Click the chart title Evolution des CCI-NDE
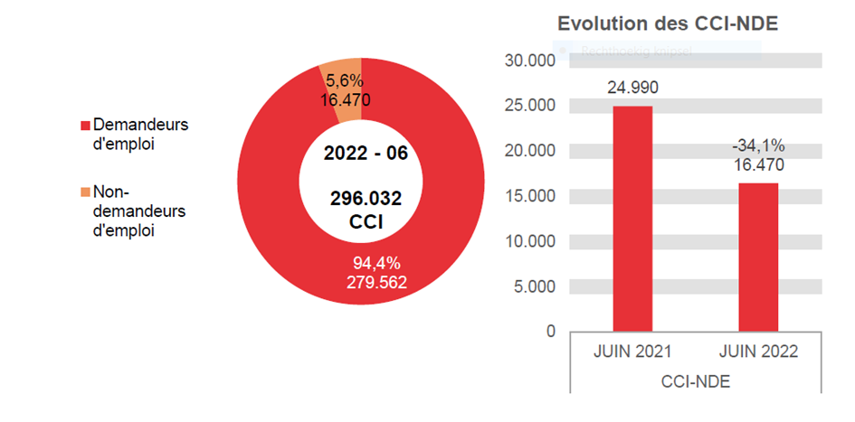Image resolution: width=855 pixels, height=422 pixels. coord(668,23)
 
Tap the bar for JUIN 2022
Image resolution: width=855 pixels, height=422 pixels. coord(758,258)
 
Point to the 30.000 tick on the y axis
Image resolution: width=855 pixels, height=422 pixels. coord(530,61)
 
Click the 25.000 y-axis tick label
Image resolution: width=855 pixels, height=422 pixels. coord(530,106)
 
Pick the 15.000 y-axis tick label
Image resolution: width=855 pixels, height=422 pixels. coord(530,196)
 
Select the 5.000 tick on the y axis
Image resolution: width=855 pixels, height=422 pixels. coord(534,286)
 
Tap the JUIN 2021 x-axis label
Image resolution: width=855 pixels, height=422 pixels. coord(632,352)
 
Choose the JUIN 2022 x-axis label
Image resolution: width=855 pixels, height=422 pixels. coord(758,352)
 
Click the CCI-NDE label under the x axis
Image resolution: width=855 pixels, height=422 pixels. coord(695,382)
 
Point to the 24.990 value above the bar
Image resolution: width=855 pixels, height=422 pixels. coord(632,88)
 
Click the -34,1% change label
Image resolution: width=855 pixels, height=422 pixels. coord(758,145)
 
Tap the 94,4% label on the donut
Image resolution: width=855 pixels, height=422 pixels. coord(376,263)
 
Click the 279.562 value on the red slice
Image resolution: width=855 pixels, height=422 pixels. coord(376,282)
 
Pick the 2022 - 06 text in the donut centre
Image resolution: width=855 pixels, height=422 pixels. coord(366,153)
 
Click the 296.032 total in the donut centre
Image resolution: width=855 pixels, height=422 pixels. coord(366,199)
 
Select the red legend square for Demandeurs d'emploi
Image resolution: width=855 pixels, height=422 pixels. coord(86,125)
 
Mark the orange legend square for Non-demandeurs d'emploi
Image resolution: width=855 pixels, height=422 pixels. coord(86,192)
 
